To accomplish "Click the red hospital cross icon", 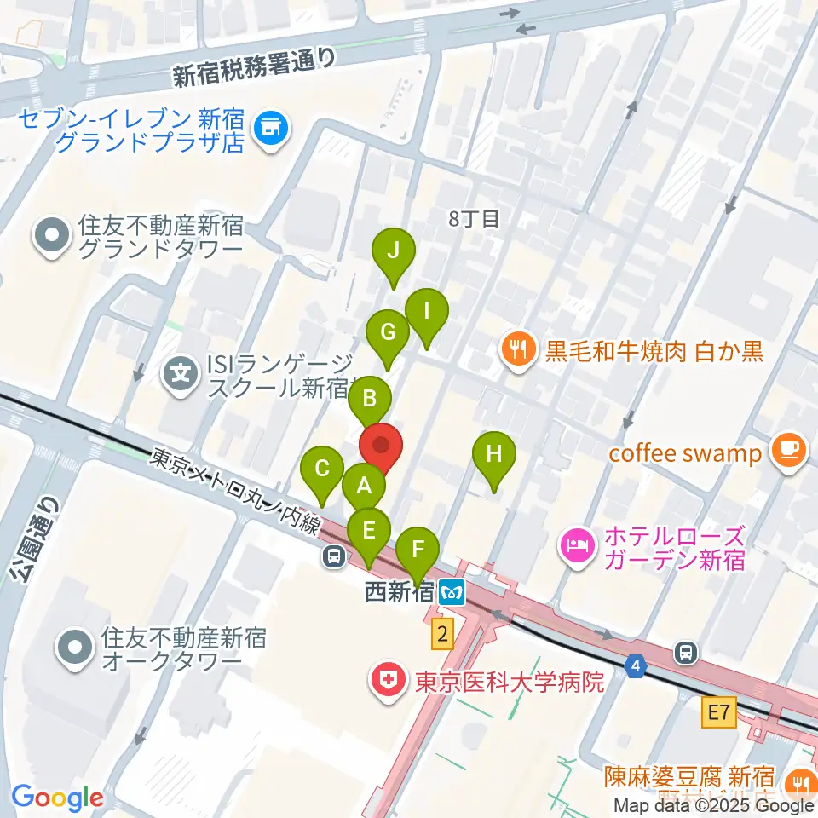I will click(x=386, y=681).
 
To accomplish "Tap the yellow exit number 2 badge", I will click(x=441, y=633).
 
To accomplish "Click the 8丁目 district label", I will click(x=474, y=218).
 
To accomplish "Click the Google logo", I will click(x=58, y=798).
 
